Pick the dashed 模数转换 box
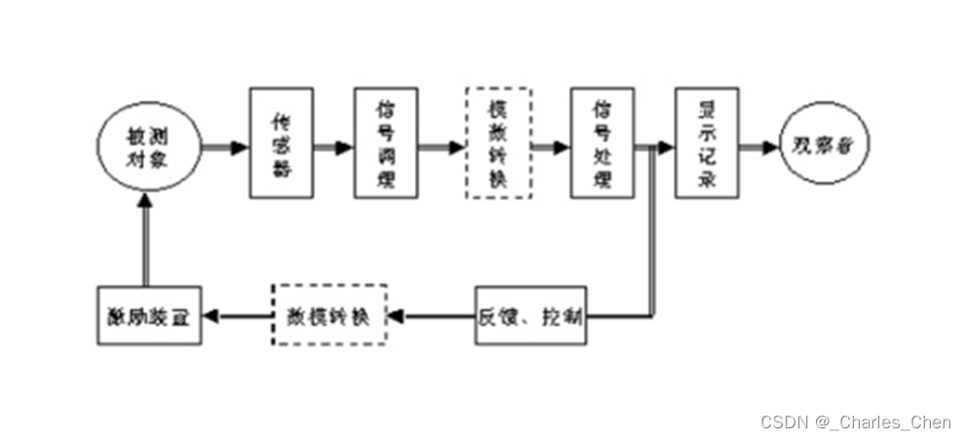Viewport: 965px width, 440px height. (x=498, y=143)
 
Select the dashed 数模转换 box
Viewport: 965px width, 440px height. (x=328, y=315)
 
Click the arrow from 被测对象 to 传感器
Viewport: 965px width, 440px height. (x=225, y=147)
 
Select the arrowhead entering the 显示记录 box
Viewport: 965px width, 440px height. (x=666, y=147)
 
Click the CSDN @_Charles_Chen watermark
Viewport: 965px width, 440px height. (x=857, y=422)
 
